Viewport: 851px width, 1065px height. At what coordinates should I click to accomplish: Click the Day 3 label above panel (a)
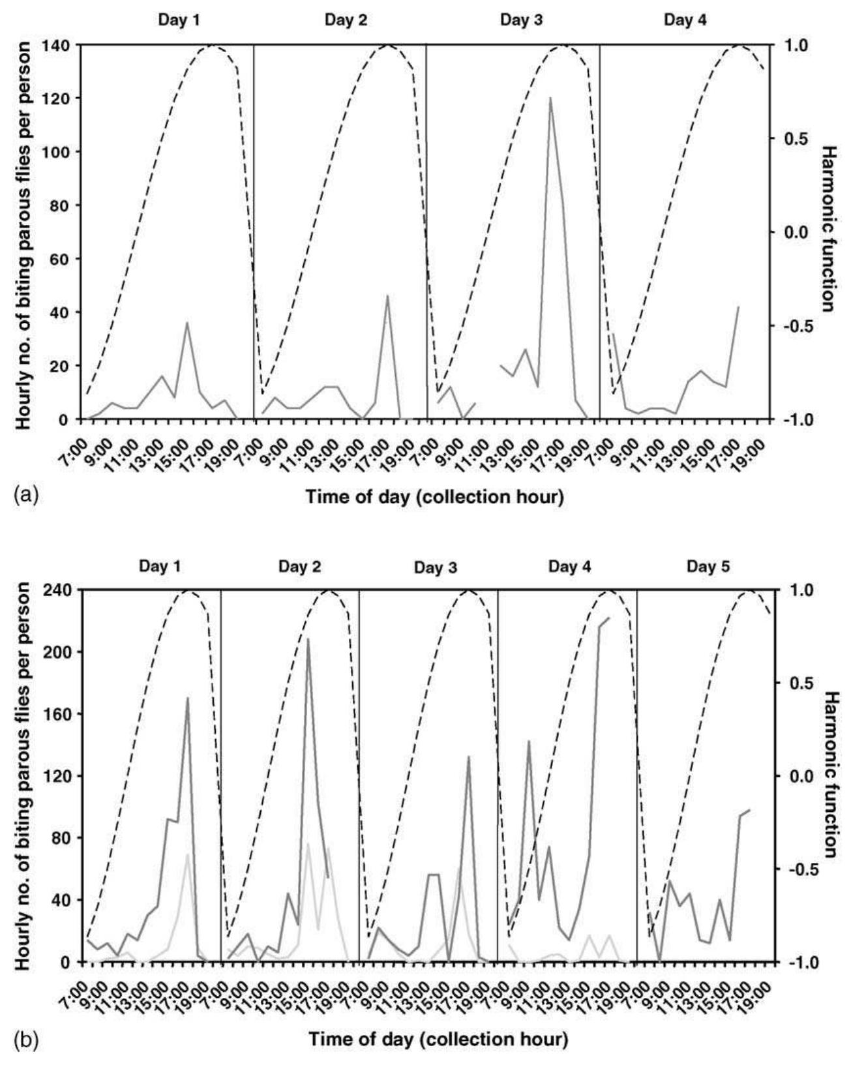click(x=521, y=19)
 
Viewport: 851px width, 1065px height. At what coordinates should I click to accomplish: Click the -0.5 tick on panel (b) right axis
click(x=790, y=869)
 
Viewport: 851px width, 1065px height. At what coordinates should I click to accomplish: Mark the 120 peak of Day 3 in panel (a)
click(x=550, y=98)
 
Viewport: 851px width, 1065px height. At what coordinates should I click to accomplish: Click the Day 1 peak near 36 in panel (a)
click(x=187, y=323)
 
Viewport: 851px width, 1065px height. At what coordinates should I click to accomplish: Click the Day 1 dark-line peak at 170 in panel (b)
click(x=188, y=698)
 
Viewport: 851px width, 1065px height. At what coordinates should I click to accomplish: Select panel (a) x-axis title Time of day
click(x=435, y=497)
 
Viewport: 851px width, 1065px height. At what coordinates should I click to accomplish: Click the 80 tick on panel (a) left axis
click(x=62, y=205)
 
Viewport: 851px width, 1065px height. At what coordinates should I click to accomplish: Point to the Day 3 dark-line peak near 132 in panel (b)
click(x=468, y=757)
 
